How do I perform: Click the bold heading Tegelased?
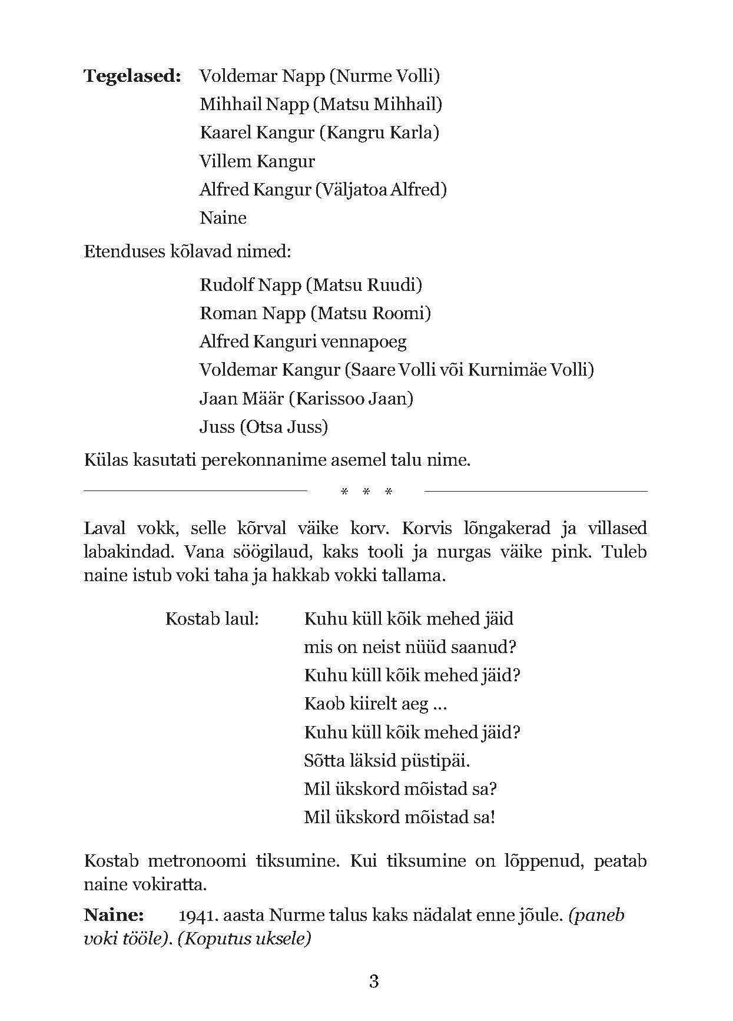point(132,76)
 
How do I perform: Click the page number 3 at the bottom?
point(373,982)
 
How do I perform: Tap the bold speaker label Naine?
point(114,915)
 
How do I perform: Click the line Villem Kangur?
point(257,161)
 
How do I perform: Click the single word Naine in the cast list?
point(223,218)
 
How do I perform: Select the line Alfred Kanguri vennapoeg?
point(303,342)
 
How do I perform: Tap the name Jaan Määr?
point(241,399)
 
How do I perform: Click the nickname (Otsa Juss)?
point(284,427)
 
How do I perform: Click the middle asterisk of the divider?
point(366,492)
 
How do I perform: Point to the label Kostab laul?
point(213,619)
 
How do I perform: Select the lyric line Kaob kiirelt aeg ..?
point(375,704)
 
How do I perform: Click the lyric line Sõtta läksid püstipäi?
point(387,761)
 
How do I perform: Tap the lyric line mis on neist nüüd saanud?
point(410,647)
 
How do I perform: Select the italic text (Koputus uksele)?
point(244,939)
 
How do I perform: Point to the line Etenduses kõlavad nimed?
point(187,252)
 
